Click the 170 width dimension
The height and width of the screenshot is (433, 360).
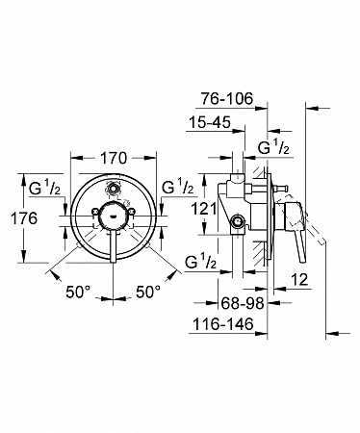click(x=114, y=158)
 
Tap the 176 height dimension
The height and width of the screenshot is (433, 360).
click(x=24, y=218)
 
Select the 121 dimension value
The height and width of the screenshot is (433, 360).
click(x=204, y=210)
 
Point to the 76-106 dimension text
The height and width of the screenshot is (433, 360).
click(x=227, y=99)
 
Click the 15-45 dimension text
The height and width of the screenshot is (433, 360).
click(x=210, y=122)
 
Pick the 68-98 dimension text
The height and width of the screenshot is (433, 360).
click(x=243, y=303)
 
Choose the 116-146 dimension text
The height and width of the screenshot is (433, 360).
click(x=223, y=324)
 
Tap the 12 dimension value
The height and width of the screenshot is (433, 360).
click(x=300, y=279)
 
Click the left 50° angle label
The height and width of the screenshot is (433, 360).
click(x=78, y=292)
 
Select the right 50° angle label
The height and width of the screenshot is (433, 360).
click(x=148, y=292)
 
